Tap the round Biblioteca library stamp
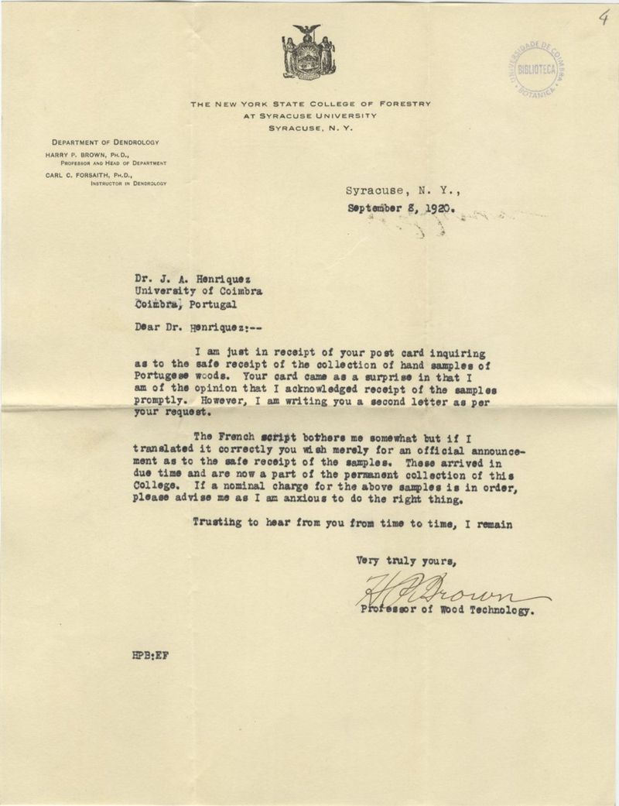point(535,69)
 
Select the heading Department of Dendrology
point(105,142)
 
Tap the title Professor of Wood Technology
point(446,610)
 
